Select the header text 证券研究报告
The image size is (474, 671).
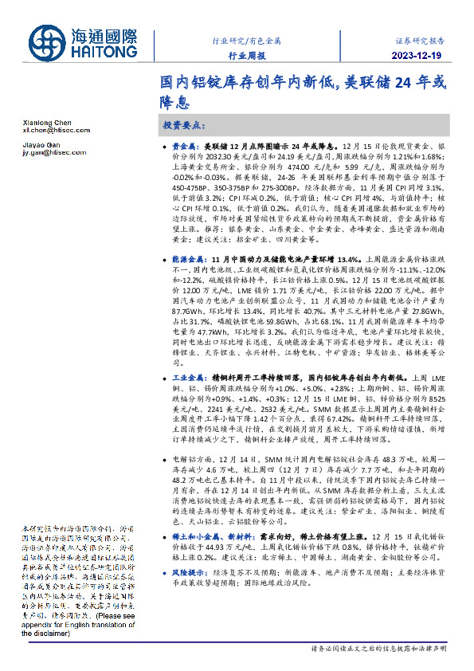(420, 38)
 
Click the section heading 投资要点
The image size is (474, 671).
(184, 127)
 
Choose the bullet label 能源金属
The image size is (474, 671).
(188, 259)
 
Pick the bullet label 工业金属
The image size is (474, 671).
(188, 376)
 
